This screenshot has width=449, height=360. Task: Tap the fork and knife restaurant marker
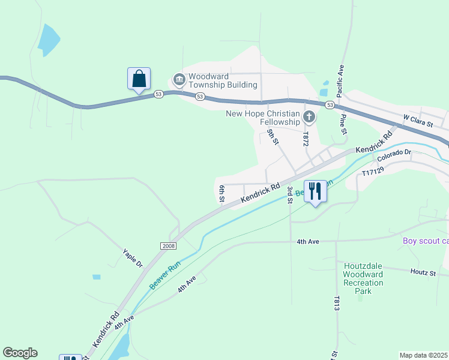pos(315,192)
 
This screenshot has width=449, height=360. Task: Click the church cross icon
pos(309,116)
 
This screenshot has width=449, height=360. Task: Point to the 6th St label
pos(221,193)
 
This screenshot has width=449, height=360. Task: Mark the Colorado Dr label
pos(395,153)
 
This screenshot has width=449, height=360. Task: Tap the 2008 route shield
pos(168,246)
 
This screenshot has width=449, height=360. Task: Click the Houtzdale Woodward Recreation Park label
pos(363,278)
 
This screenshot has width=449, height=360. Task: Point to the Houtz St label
pos(423,272)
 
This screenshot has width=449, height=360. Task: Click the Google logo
pos(20,353)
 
